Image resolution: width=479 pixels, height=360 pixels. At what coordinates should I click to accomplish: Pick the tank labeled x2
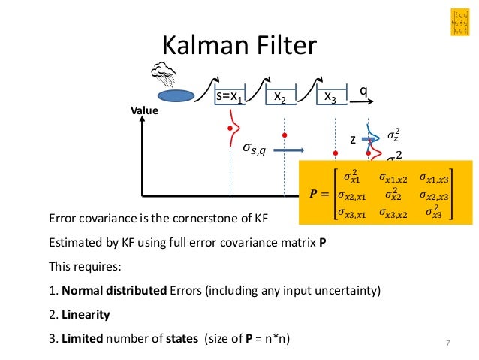[279, 97]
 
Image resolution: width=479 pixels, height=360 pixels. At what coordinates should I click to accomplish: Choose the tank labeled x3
[330, 97]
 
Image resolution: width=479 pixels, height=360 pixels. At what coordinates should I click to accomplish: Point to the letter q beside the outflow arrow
[363, 90]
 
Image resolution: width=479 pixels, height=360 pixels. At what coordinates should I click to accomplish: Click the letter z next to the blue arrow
[353, 140]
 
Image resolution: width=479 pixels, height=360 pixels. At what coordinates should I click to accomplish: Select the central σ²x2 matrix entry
[392, 195]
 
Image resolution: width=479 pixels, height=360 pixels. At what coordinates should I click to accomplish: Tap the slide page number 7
[447, 344]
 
